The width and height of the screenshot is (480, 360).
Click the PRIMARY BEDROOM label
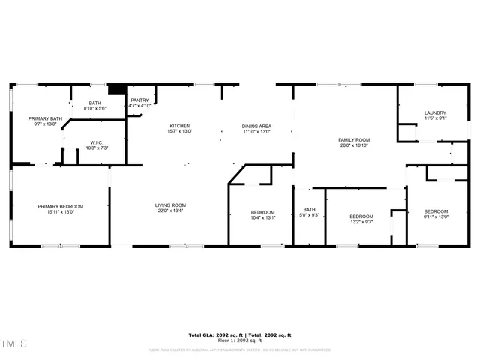61,206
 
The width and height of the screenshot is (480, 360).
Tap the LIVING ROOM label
170,205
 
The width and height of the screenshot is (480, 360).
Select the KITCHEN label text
179,126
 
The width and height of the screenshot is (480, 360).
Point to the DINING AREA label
256,126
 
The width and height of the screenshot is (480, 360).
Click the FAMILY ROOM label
354,140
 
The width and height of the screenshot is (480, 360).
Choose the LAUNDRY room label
435,112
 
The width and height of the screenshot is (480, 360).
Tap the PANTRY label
139,100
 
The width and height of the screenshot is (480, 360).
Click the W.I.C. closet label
96,142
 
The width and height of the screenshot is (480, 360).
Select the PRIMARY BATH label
46,118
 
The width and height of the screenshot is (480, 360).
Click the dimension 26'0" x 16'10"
354,146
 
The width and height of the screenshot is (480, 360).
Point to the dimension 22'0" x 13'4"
170,211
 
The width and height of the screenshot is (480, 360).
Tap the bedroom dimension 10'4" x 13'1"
263,218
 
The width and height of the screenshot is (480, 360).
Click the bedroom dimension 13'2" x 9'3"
361,221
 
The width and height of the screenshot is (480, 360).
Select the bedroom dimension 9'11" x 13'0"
436,217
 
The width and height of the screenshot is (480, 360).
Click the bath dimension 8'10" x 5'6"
95,109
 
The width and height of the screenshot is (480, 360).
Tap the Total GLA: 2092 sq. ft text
213,334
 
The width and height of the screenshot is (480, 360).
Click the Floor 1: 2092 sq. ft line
239,340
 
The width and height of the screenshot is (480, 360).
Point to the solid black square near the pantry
115,88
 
